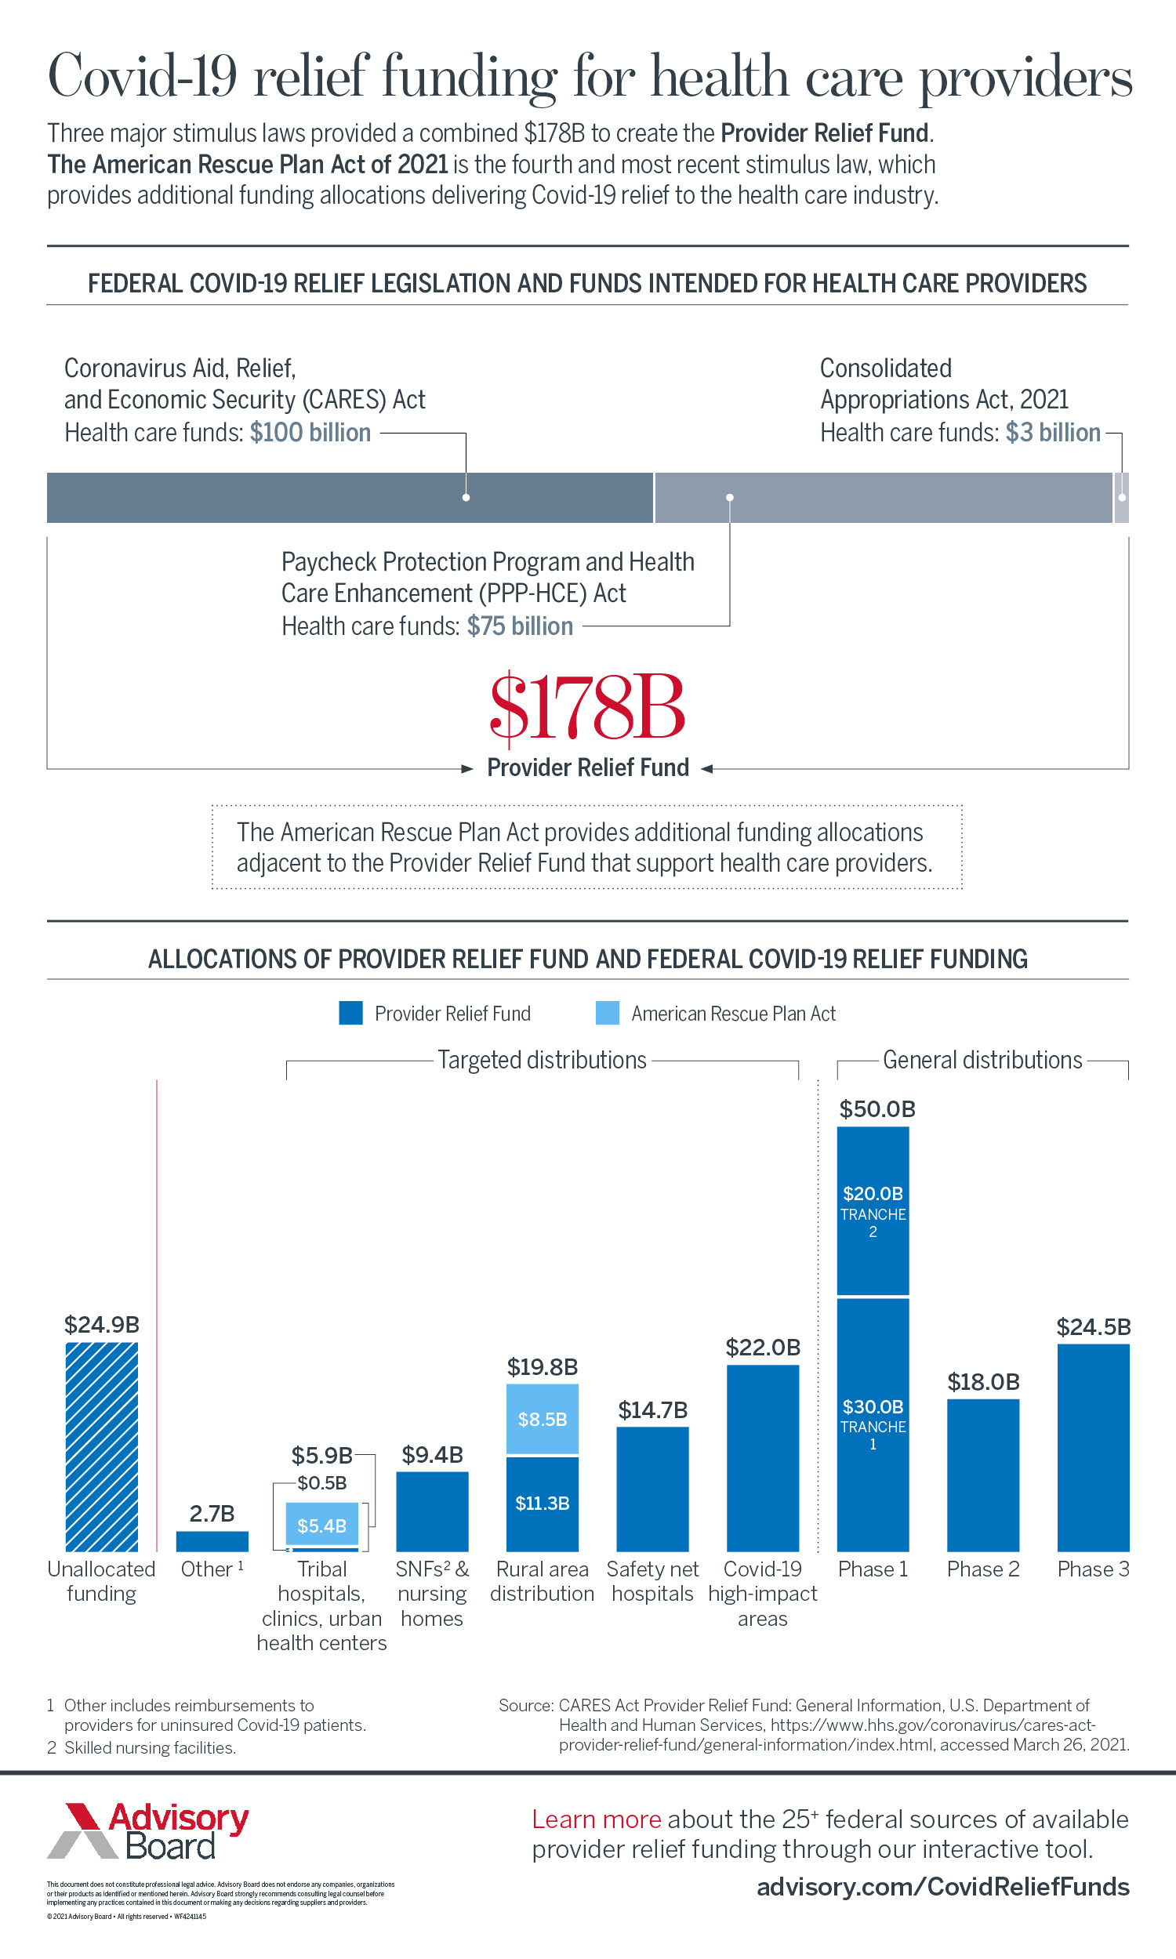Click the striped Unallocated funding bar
pos(101,1446)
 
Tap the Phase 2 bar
pos(982,1475)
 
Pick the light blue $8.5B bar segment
pos(542,1419)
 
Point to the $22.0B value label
pos(763,1348)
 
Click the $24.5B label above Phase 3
pos(1093,1327)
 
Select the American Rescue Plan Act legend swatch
pos(607,1013)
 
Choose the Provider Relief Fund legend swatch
pos(350,1013)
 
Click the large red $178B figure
pos(587,706)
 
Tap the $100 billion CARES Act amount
pos(310,433)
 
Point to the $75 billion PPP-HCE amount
pos(519,626)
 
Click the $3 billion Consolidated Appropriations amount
pos(1052,433)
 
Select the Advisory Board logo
pos(148,1831)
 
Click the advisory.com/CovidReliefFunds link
pos(942,1887)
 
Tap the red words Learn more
pos(596,1819)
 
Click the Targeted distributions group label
pos(542,1060)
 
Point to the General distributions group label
pos(982,1060)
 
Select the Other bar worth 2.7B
pos(212,1540)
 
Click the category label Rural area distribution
pos(542,1581)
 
